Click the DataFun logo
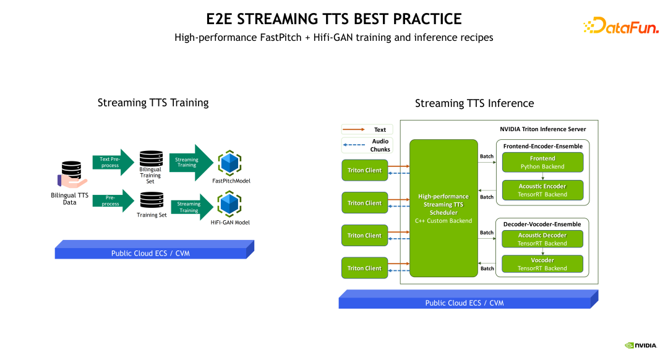coord(620,25)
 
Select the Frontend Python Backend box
coord(542,163)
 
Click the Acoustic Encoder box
coord(542,190)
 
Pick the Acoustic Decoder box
coord(542,239)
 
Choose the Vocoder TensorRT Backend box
coord(542,264)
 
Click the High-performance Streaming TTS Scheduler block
coord(443,208)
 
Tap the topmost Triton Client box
coord(364,170)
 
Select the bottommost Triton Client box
coord(364,268)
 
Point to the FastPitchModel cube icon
coord(230,164)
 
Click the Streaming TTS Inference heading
coord(474,103)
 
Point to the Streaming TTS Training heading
coord(153,103)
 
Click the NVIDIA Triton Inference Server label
coord(542,129)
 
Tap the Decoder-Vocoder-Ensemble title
coord(542,223)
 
